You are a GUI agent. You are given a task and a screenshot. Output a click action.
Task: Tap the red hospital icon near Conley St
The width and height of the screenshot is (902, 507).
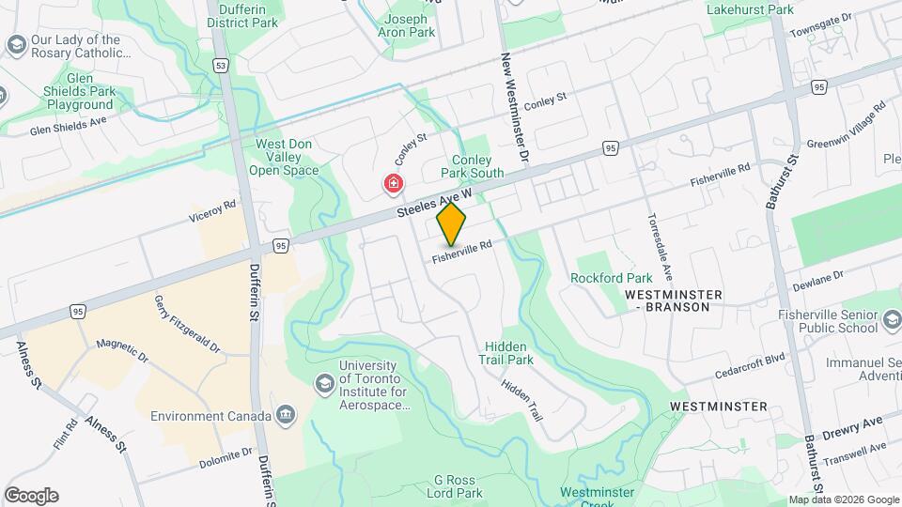coord(393,183)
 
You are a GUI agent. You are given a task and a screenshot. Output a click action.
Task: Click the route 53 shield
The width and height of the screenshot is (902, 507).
coord(220,66)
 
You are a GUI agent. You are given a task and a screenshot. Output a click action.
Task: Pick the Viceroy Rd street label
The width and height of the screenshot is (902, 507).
coord(211,219)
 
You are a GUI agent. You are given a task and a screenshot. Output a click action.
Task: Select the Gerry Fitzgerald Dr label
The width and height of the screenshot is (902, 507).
coord(187,324)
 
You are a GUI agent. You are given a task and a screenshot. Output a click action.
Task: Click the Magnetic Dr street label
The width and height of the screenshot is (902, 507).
coord(122,350)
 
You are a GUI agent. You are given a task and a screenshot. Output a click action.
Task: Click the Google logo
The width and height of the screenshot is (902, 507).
coord(31,496)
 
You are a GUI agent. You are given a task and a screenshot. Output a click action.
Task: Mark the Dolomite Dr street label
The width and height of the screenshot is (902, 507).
coord(225,457)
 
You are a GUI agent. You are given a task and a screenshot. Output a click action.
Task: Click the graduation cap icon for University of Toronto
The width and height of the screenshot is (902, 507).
coord(324,383)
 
